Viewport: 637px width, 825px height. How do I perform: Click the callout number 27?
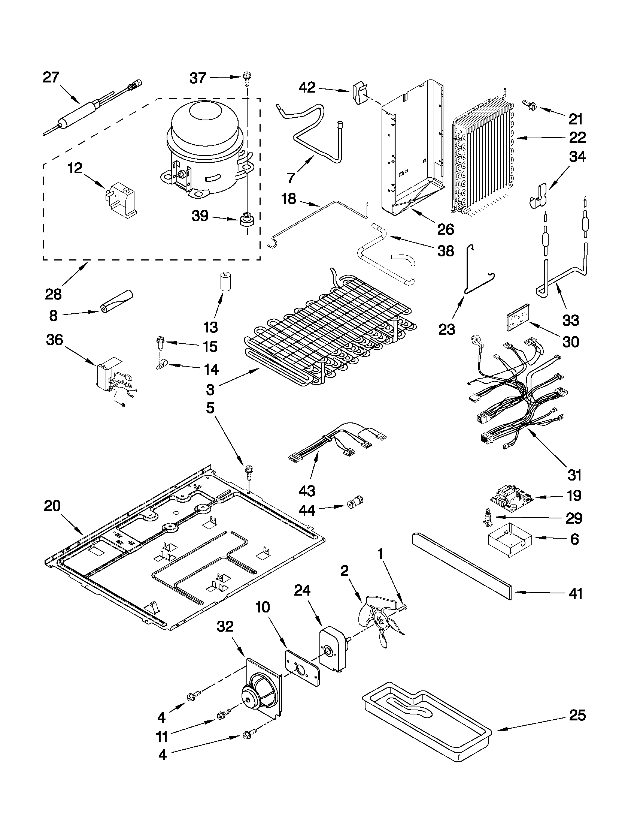pyautogui.click(x=51, y=78)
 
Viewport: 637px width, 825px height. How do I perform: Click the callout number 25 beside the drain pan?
pyautogui.click(x=577, y=716)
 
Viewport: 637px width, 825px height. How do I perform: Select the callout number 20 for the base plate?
pyautogui.click(x=52, y=506)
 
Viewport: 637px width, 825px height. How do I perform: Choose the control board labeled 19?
pyautogui.click(x=511, y=501)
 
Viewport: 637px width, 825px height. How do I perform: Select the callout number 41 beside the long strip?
pyautogui.click(x=576, y=593)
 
